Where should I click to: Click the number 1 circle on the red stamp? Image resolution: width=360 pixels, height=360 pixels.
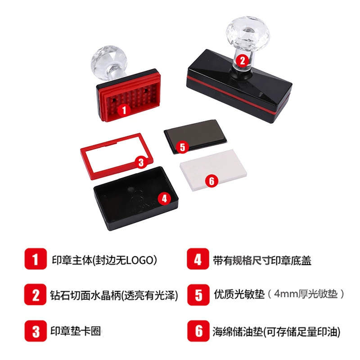point(124,110)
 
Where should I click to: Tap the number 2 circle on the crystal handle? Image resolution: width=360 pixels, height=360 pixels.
point(243,60)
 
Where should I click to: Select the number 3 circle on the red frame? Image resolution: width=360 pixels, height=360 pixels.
point(141,162)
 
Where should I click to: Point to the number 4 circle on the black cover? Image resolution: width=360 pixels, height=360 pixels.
point(165,198)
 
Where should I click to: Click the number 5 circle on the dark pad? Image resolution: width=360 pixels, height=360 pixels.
point(183,147)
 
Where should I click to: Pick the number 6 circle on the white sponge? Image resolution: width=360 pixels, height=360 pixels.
point(211,181)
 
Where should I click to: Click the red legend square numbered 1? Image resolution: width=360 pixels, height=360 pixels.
point(36,259)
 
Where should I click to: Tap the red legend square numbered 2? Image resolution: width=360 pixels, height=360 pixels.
point(36,295)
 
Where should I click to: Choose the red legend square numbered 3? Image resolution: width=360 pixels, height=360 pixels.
point(36,331)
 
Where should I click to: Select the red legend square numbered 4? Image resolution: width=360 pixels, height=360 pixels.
point(198,259)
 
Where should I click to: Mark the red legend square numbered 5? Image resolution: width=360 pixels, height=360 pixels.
point(198,295)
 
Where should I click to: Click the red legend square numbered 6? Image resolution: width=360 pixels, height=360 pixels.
point(198,331)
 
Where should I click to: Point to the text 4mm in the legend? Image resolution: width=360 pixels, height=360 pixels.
point(286,294)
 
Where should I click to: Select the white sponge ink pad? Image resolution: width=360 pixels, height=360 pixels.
point(213,170)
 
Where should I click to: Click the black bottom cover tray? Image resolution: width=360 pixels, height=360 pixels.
point(136,198)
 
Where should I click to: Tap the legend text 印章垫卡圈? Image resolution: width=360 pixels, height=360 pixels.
point(76,331)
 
